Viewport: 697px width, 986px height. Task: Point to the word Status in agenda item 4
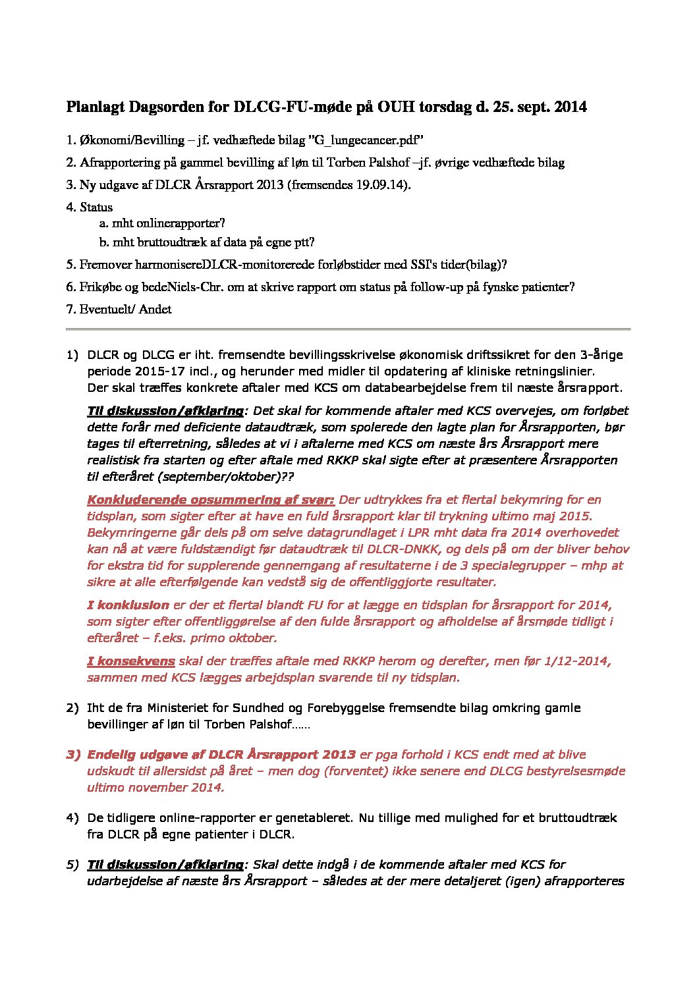pos(96,207)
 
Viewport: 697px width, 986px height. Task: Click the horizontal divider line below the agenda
pos(348,328)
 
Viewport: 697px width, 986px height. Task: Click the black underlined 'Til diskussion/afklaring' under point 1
pos(165,411)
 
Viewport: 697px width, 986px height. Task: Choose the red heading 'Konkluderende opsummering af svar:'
pos(211,500)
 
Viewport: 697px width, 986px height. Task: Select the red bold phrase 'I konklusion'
pos(128,605)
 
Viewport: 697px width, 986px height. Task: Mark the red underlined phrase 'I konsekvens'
pos(131,661)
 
